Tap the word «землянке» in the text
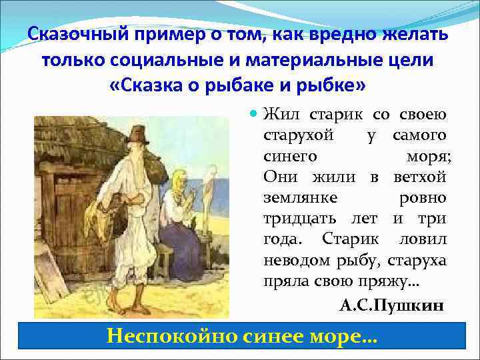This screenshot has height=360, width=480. tap(300, 199)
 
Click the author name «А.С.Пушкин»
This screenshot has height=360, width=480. tap(391, 305)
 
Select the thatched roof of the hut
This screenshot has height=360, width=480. tap(80, 140)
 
